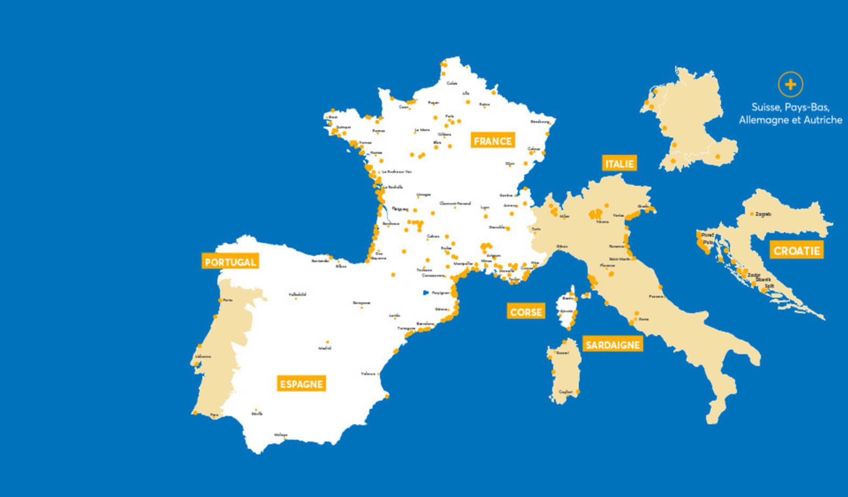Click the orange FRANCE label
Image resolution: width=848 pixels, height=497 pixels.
tap(492, 141)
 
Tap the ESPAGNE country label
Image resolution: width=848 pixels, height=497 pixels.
tap(301, 384)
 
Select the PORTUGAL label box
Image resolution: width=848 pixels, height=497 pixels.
tap(230, 262)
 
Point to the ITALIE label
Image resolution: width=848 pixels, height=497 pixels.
tap(619, 164)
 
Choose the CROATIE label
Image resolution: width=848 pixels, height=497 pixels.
tap(797, 251)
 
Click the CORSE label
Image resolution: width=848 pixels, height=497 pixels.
tap(526, 312)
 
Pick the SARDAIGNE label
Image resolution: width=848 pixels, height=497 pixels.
tap(613, 345)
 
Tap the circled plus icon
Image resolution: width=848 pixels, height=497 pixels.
tap(790, 84)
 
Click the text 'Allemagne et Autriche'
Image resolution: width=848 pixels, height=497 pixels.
tap(790, 120)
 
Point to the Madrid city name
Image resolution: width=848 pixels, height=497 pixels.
tap(325, 348)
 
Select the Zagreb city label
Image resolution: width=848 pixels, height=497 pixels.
tap(763, 215)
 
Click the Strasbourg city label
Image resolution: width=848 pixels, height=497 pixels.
tap(540, 121)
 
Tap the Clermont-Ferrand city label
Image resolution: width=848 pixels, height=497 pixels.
tap(455, 203)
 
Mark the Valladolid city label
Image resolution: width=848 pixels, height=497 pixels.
tap(297, 294)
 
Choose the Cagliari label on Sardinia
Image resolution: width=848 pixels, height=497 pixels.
tap(566, 392)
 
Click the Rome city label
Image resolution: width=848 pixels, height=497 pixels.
tap(643, 319)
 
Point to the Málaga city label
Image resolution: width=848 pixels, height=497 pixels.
tap(280, 435)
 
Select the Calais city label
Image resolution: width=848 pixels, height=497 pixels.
tap(452, 83)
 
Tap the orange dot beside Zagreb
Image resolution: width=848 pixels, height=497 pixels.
tap(752, 214)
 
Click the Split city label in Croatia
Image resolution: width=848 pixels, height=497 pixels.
tap(770, 286)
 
